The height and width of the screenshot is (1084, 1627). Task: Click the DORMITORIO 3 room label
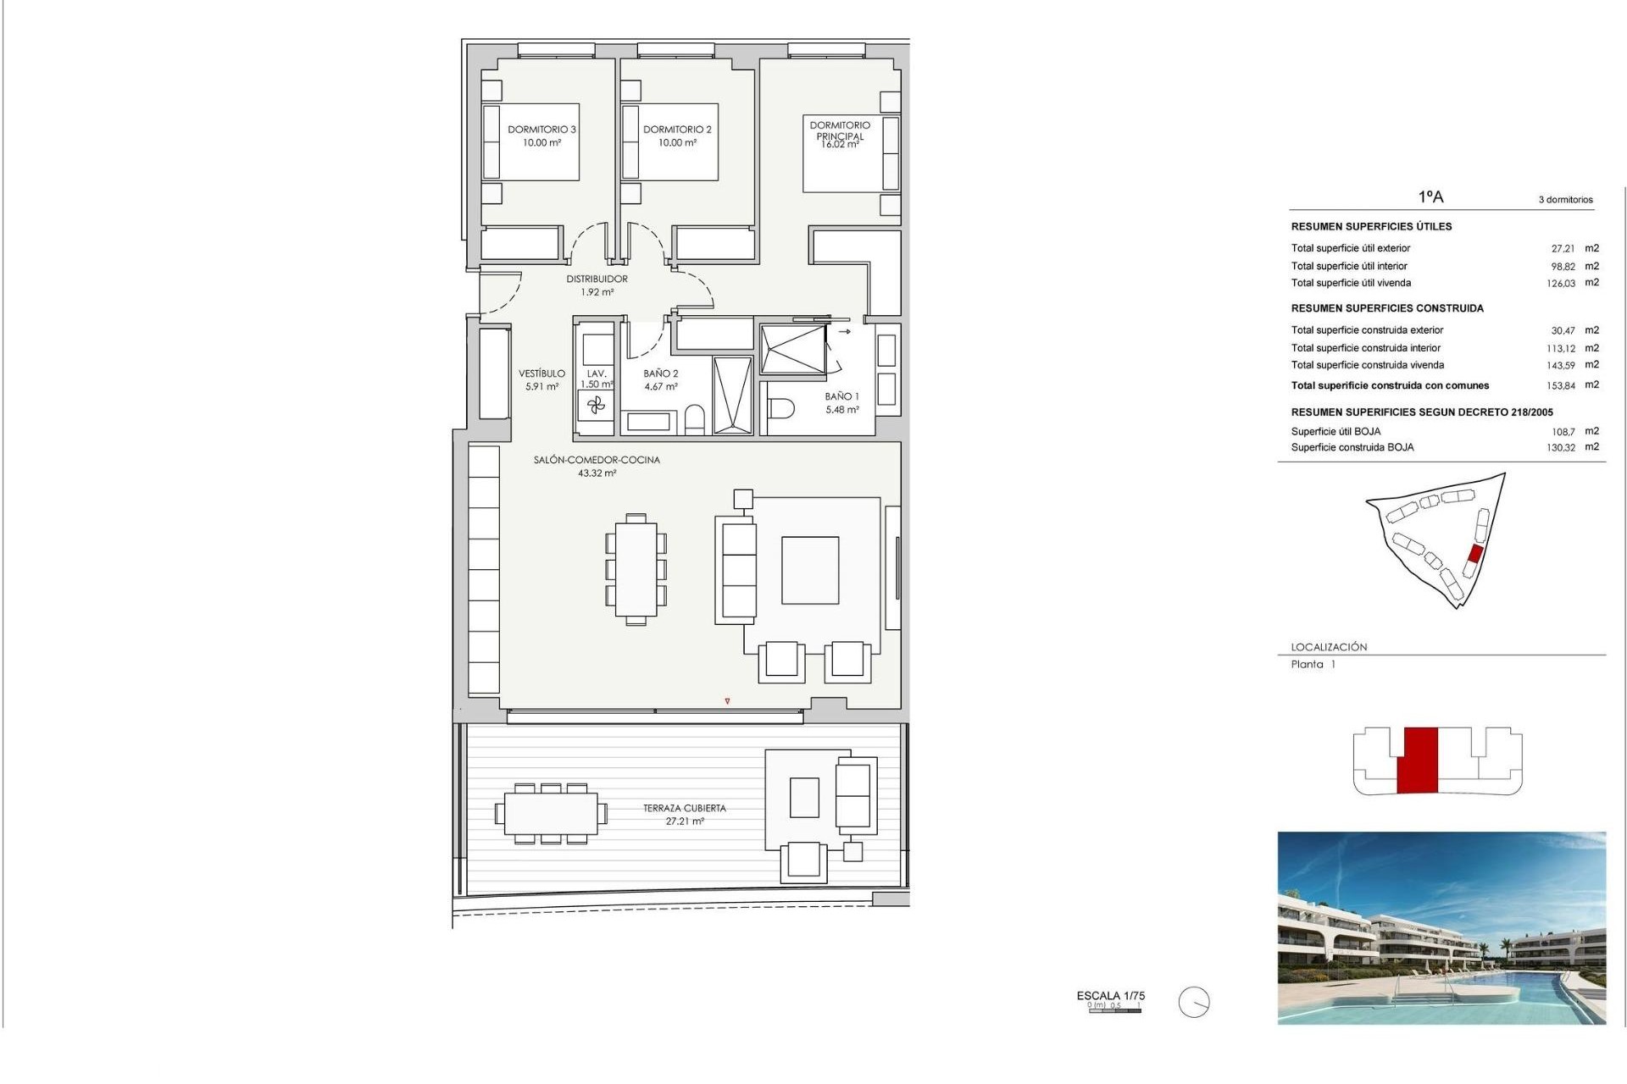tap(541, 130)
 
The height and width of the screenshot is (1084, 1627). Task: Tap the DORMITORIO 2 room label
tap(677, 130)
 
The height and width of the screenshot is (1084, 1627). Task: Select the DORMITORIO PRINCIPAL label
tap(840, 130)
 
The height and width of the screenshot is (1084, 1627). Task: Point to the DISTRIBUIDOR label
tap(597, 279)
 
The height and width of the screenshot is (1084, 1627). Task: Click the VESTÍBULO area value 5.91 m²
tap(541, 387)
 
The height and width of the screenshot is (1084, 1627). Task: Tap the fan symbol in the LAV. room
tap(597, 406)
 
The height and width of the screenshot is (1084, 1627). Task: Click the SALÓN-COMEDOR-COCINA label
tap(597, 460)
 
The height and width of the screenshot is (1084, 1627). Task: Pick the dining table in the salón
tap(636, 568)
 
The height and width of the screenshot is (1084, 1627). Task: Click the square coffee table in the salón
tap(810, 570)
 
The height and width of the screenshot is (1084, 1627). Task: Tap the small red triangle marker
tap(727, 701)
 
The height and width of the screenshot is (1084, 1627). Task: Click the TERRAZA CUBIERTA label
tap(684, 808)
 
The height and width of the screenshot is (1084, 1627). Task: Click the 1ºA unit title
tap(1430, 197)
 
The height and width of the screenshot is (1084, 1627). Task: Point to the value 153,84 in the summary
tap(1560, 385)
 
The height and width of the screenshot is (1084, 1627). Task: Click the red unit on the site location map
tap(1474, 554)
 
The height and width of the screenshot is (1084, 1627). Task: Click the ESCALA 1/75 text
tap(1110, 996)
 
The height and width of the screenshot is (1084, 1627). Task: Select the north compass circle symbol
tap(1193, 1003)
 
